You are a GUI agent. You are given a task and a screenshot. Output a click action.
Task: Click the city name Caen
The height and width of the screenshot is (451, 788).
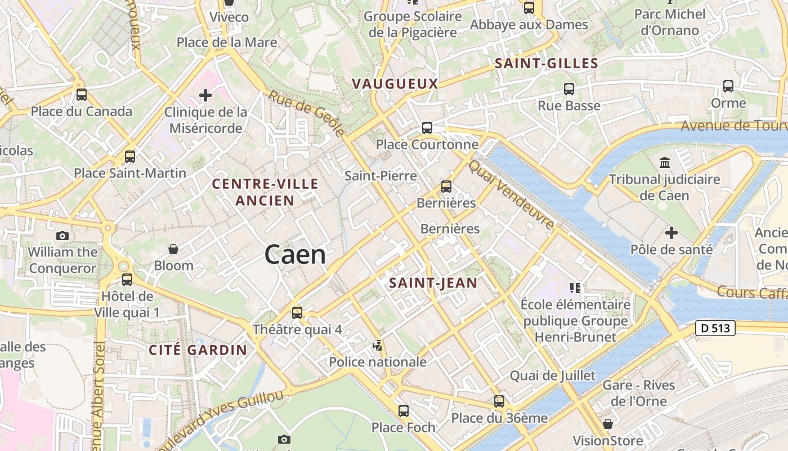click(x=295, y=255)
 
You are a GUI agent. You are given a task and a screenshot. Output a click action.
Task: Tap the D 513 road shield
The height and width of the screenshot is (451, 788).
click(x=715, y=328)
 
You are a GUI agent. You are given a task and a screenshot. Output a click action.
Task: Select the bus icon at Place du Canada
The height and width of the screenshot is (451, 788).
click(x=82, y=95)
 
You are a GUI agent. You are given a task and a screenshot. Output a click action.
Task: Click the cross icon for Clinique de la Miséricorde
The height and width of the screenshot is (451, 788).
click(x=205, y=95)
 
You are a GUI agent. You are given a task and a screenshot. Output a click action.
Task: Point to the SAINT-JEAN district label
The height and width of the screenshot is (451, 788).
click(x=433, y=283)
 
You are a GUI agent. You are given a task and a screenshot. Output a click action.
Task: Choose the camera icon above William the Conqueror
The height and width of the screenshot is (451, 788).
click(x=62, y=236)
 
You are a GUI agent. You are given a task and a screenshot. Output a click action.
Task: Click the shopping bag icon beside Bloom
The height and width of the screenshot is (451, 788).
click(x=173, y=249)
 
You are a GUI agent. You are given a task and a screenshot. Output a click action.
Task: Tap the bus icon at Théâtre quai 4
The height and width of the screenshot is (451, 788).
click(x=297, y=313)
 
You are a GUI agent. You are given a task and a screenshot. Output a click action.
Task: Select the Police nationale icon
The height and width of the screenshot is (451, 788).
click(x=378, y=345)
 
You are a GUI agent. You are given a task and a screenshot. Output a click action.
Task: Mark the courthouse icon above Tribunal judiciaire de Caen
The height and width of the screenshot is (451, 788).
click(x=665, y=163)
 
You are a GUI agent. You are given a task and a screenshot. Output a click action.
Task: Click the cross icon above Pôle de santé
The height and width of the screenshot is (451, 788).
click(x=671, y=232)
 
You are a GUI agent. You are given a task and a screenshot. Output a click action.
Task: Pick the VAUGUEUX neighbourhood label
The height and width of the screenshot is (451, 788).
click(x=395, y=84)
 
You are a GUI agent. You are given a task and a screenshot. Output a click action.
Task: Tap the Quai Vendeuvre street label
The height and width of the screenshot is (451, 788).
click(x=512, y=194)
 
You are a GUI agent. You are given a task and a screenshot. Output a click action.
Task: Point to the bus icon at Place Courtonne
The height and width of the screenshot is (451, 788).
click(x=427, y=128)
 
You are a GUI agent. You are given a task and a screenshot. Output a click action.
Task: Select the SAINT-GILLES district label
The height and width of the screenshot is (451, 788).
click(x=546, y=64)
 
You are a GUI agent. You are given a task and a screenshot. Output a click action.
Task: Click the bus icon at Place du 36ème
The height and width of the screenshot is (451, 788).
click(x=499, y=401)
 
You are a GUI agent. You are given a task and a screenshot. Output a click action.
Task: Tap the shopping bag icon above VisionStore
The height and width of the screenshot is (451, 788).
click(x=608, y=424)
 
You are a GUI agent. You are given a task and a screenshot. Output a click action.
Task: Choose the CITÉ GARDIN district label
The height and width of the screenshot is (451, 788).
click(x=198, y=350)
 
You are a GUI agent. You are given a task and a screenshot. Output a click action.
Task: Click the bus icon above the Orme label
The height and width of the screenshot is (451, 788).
click(x=728, y=86)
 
